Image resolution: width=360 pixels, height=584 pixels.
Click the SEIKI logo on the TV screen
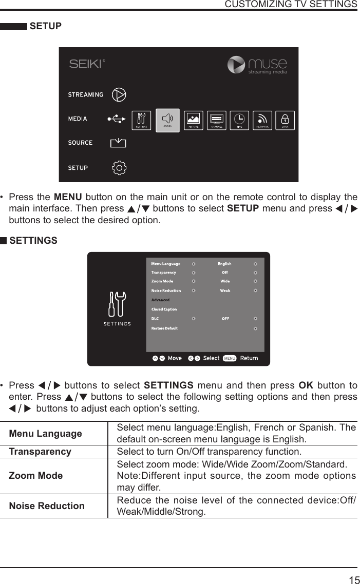pos(87,64)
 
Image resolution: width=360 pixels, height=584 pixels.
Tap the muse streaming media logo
pos(257,65)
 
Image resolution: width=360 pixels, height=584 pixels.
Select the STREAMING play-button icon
pos(119,94)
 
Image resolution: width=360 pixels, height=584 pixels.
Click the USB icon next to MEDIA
pos(116,119)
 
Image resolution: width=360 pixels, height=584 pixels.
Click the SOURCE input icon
pos(118,143)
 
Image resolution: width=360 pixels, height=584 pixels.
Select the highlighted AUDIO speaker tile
pos(167,121)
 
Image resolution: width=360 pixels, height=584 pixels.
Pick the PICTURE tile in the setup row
pos(194,121)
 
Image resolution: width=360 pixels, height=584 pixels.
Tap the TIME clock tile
pos(239,121)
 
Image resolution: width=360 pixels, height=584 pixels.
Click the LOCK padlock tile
pos(285,121)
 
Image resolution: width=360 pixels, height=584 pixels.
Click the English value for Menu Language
pos(224,264)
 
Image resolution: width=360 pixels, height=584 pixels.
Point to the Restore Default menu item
pos(164,328)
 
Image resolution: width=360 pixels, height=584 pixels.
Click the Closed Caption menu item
pos(164,309)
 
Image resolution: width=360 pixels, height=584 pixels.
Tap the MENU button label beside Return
pos(230,358)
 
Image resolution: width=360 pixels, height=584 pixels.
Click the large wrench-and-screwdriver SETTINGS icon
pos(117,306)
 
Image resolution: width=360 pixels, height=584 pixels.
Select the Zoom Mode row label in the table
pos(36,476)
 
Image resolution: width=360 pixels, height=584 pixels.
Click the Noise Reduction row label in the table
pos(47,506)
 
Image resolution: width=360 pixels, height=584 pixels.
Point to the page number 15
pos(354,580)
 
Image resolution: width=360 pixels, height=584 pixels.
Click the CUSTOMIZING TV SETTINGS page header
pos(291,5)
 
